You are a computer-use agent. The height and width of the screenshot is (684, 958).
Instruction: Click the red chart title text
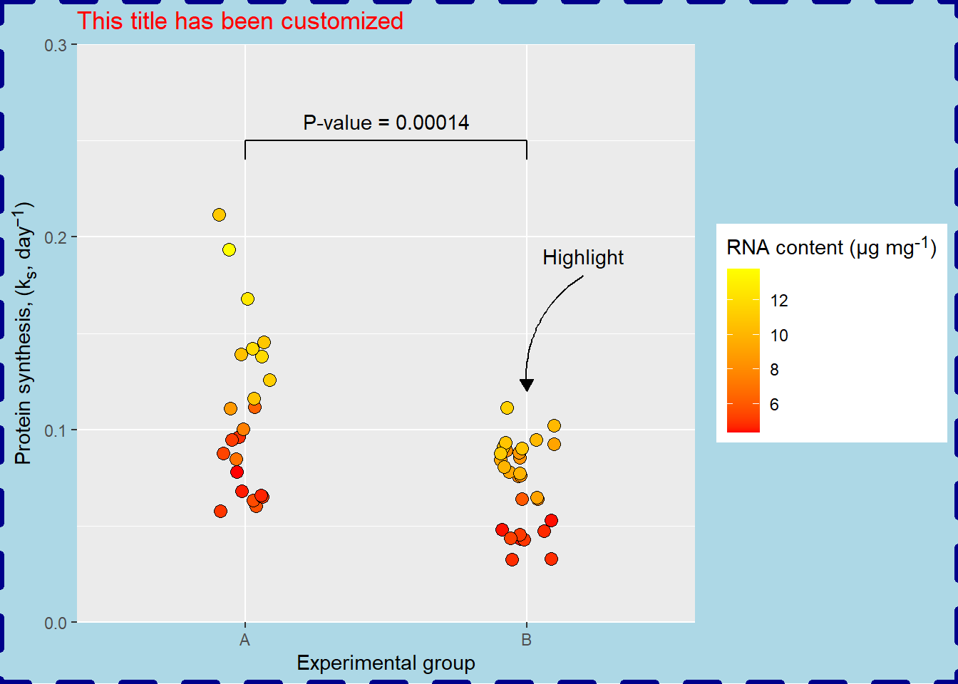click(239, 21)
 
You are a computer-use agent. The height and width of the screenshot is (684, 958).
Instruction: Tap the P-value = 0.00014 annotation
click(386, 123)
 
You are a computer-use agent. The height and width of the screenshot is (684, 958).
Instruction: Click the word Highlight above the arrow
click(582, 257)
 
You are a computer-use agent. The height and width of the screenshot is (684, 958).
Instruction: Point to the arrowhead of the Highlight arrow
click(527, 385)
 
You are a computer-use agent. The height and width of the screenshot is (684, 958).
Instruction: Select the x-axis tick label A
click(244, 640)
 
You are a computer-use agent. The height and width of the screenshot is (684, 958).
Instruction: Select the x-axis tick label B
click(526, 640)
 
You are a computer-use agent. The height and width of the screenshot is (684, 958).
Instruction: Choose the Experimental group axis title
click(386, 663)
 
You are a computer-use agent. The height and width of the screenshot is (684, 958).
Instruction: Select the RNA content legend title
click(831, 247)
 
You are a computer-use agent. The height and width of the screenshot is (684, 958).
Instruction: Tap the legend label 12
click(779, 301)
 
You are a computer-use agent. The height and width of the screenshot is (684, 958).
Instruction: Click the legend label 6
click(774, 405)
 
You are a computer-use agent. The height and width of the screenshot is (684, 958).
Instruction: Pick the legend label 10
click(779, 336)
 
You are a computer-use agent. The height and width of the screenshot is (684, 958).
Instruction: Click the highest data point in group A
click(219, 214)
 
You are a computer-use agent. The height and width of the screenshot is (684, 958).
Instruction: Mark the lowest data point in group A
click(220, 511)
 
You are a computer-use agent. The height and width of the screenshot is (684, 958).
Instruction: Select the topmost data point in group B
click(507, 408)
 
